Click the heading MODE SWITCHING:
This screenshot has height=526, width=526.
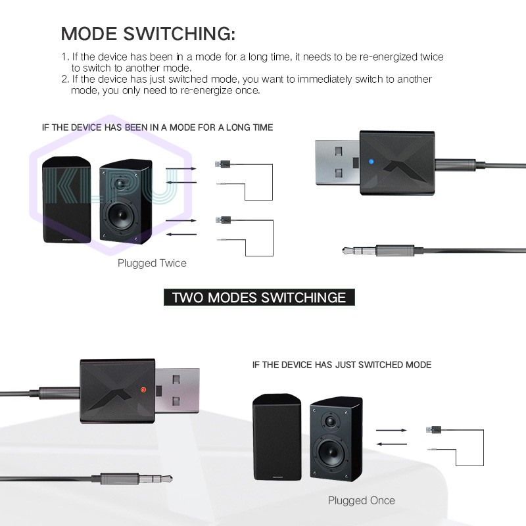pyautogui.click(x=148, y=34)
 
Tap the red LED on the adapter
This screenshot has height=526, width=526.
pyautogui.click(x=143, y=389)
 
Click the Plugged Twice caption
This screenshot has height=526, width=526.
pyautogui.click(x=152, y=263)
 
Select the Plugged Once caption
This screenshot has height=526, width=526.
pyautogui.click(x=362, y=500)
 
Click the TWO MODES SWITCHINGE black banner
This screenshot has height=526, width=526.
pyautogui.click(x=258, y=297)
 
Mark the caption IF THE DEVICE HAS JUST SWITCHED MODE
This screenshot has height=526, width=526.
pyautogui.click(x=342, y=364)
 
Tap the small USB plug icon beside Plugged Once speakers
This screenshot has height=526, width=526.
pyautogui.click(x=434, y=430)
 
